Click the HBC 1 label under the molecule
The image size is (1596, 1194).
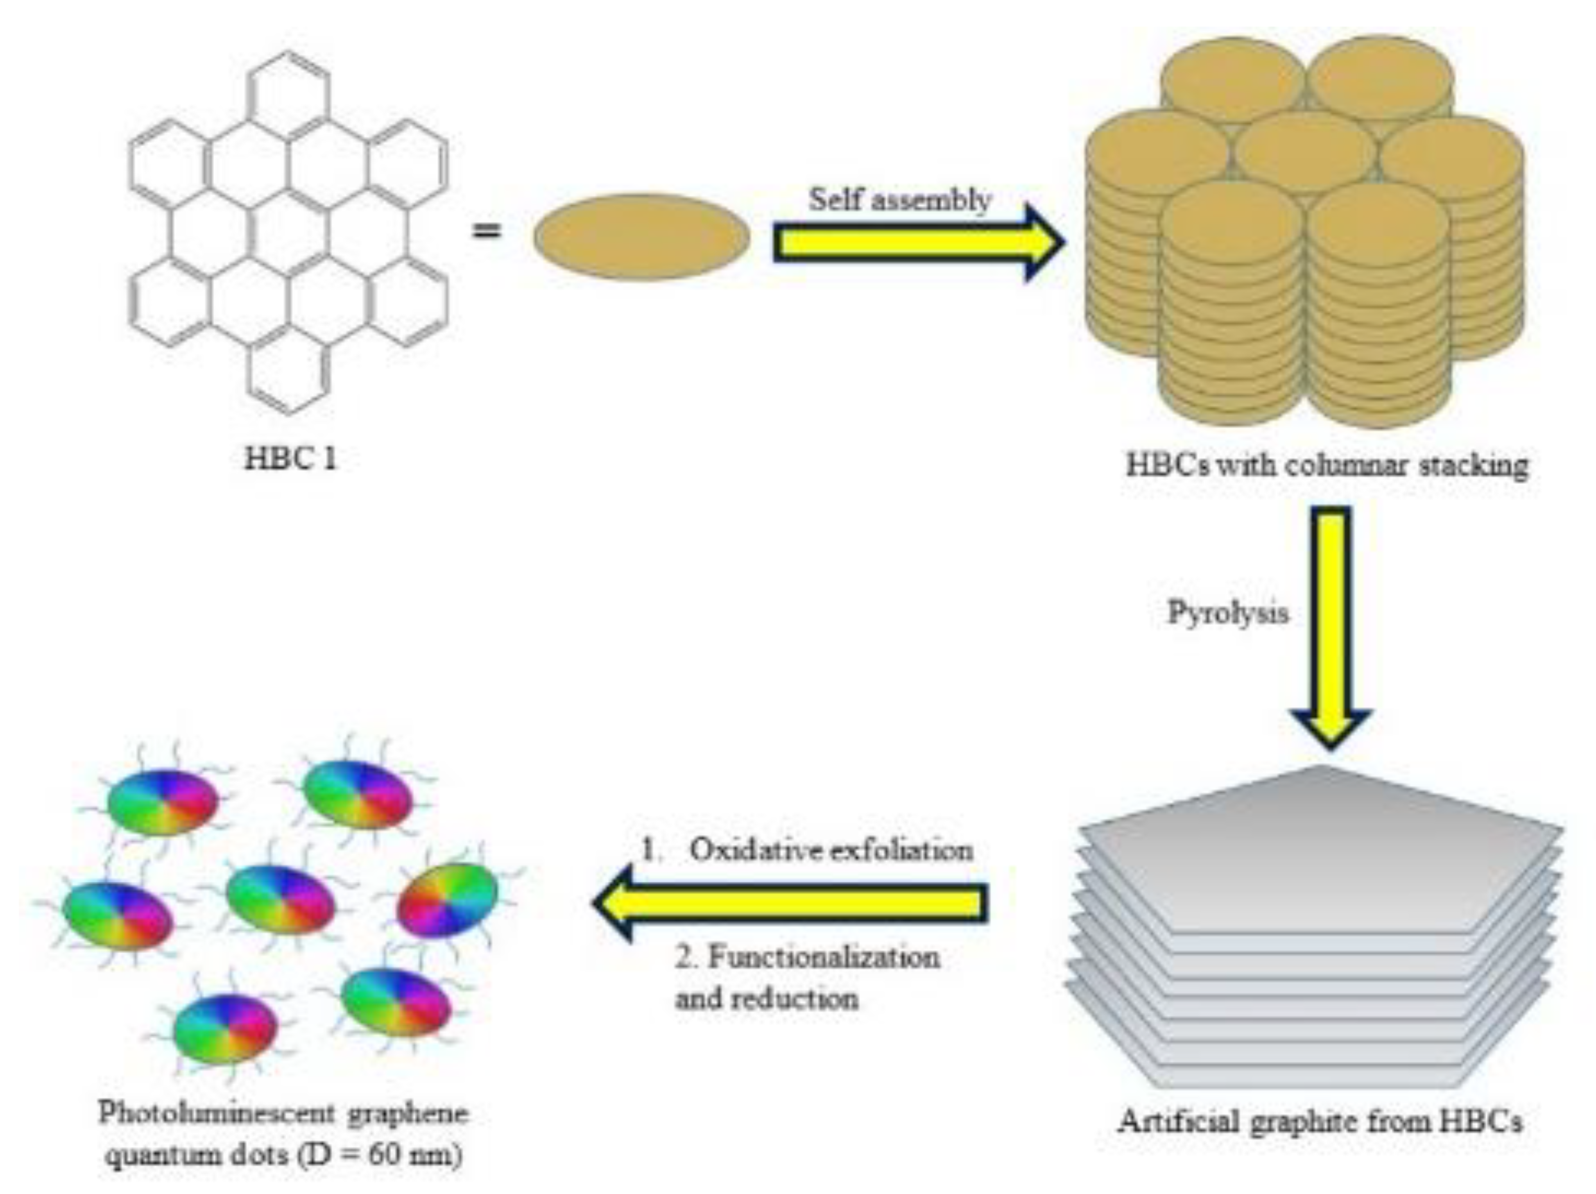coord(290,459)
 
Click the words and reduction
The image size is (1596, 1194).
coord(766,999)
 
